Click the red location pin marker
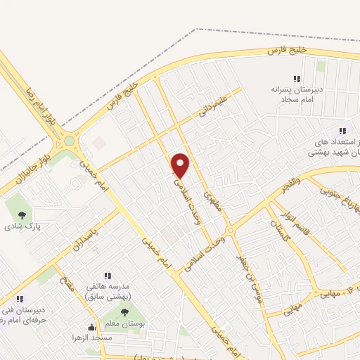(x=181, y=165)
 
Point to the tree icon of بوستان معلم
(x=125, y=312)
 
